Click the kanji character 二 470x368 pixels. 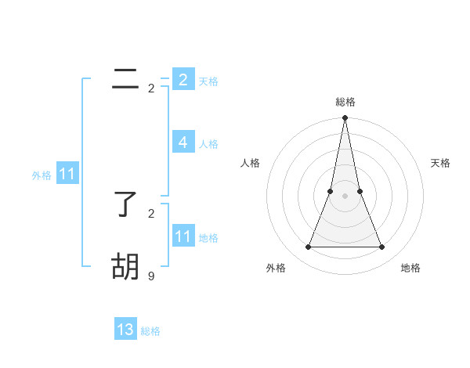click(x=125, y=79)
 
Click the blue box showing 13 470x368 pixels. click(x=125, y=330)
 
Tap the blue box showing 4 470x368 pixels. click(x=183, y=143)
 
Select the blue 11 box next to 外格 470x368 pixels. click(x=67, y=175)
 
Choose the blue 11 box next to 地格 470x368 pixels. click(x=183, y=236)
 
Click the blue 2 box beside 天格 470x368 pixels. click(x=183, y=80)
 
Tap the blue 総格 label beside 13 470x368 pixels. click(x=150, y=331)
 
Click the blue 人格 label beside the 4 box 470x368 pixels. click(x=208, y=144)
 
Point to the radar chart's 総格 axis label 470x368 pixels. click(x=345, y=102)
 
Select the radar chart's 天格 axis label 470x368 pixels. click(x=440, y=163)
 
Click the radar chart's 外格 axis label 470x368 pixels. click(x=276, y=268)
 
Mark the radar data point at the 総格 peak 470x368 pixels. click(x=345, y=118)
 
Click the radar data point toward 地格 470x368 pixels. click(x=382, y=247)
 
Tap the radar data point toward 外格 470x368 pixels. click(x=309, y=247)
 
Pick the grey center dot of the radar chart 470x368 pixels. click(x=345, y=196)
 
